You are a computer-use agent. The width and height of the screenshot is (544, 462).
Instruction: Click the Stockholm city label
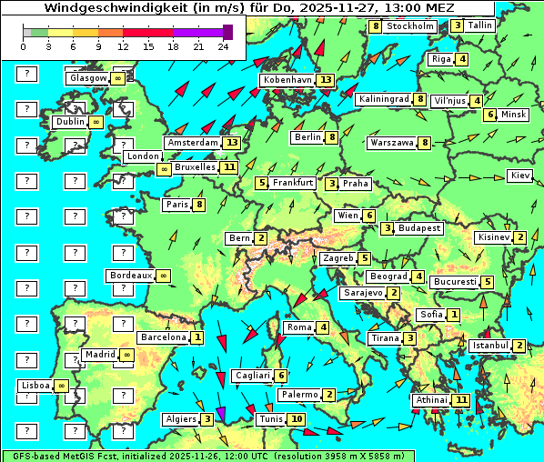409,26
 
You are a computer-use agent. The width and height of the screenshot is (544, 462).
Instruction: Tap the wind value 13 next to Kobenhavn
326,80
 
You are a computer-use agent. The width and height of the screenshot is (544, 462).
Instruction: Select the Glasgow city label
87,78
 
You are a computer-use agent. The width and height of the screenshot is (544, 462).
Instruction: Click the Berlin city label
307,137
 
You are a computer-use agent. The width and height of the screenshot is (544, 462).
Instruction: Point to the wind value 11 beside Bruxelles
228,167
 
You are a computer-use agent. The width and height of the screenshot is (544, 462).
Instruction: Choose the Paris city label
176,205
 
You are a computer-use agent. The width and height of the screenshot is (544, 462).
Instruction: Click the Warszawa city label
392,143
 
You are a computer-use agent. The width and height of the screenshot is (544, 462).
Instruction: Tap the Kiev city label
519,175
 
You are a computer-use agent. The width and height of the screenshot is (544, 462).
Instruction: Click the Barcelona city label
164,337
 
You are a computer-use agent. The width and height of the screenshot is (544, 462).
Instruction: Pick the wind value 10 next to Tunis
297,419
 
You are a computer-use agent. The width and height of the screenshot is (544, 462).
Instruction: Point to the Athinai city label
431,400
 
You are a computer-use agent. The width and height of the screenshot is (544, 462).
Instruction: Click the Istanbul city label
489,346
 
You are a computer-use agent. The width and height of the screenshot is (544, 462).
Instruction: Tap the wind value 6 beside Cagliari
282,376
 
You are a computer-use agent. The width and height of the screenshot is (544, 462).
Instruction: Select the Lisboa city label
36,386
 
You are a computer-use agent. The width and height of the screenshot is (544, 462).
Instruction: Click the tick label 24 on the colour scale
223,46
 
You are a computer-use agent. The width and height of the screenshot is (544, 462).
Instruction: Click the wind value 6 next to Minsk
489,115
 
